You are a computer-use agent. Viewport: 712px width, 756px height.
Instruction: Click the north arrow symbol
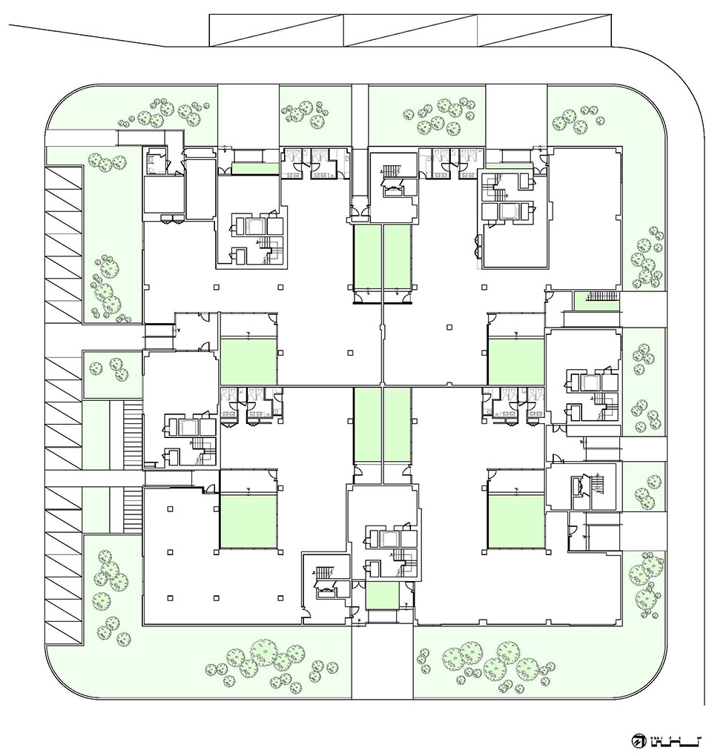point(638,740)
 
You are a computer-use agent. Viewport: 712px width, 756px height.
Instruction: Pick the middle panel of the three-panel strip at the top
point(409,30)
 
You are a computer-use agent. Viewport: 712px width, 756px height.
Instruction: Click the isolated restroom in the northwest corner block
point(156,160)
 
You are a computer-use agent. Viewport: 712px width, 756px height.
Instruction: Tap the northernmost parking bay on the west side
point(63,178)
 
